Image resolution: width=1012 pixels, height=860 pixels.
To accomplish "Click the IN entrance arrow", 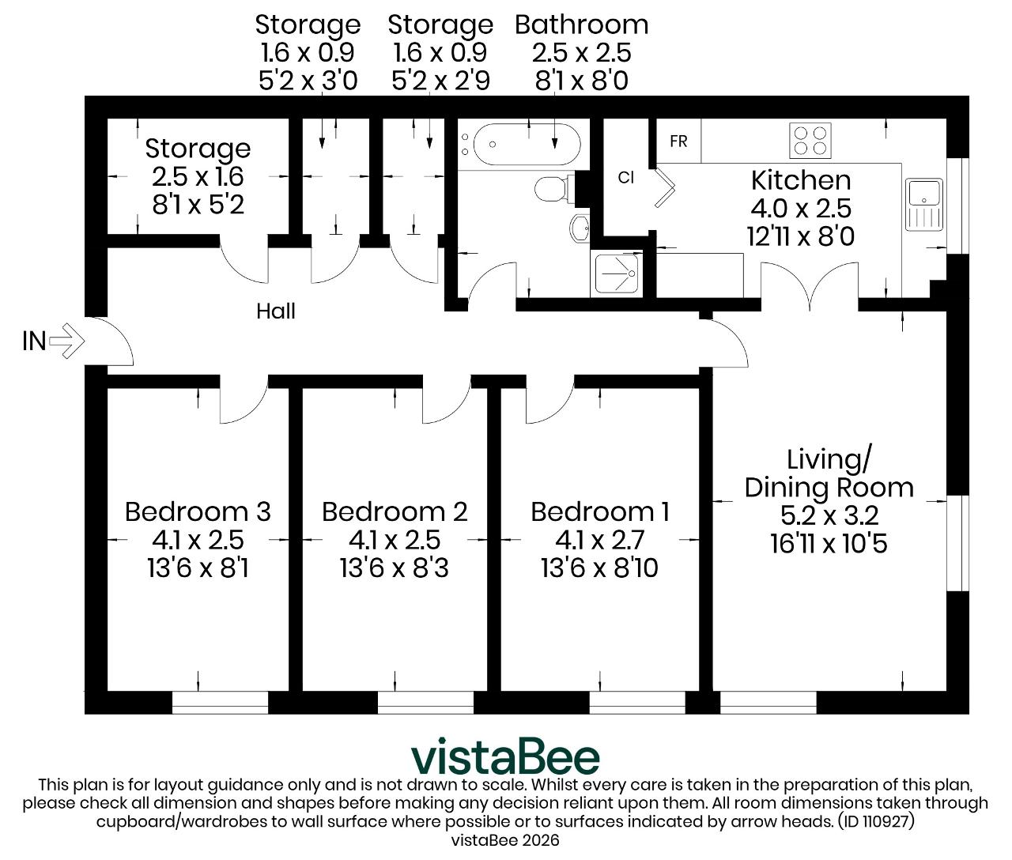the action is point(67,341).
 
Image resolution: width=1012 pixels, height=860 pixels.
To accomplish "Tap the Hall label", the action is point(276,311).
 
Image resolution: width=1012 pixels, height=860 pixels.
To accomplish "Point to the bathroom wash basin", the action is point(580,228).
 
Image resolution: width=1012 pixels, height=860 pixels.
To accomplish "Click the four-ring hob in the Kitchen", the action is point(810,141).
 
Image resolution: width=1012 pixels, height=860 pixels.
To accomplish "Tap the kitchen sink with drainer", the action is point(924,204).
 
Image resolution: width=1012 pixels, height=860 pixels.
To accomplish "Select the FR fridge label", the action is point(678,141).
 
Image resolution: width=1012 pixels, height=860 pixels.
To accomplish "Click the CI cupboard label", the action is point(625,177).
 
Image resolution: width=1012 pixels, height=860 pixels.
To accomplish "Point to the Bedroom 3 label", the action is point(198,511).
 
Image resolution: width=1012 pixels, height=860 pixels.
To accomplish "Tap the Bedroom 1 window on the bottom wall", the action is point(636,703).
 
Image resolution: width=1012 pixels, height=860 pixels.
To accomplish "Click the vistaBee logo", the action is point(505,756).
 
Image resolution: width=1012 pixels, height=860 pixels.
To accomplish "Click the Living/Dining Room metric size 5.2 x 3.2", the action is point(829,515).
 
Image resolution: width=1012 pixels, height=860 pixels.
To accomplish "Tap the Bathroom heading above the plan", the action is point(582,25).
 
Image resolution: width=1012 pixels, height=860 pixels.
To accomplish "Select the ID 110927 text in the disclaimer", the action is point(876,820).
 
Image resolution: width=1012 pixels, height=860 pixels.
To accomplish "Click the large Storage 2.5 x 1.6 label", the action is point(198,176).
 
